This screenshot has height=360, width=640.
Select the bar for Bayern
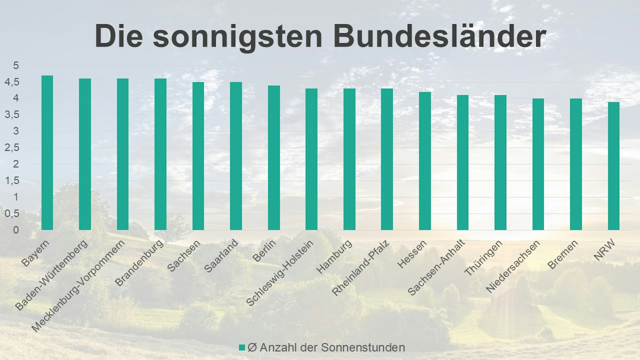(47, 153)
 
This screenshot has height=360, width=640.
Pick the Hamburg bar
(349, 159)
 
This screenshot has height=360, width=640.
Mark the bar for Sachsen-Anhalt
(462, 162)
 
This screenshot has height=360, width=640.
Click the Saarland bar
(236, 156)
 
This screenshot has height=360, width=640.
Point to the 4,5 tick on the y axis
(12, 82)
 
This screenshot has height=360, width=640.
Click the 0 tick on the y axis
(16, 230)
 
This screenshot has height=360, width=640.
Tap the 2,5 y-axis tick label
(12, 148)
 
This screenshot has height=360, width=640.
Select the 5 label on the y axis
(16, 66)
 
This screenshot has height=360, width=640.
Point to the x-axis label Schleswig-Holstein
(279, 273)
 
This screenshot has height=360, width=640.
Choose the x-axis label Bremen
(562, 255)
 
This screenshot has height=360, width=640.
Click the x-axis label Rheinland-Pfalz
(360, 268)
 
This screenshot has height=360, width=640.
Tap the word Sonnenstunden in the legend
(363, 348)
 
